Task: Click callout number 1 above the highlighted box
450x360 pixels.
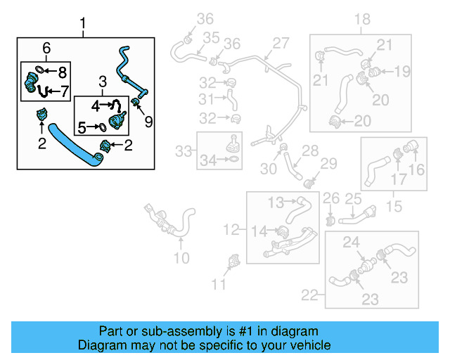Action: pyautogui.click(x=83, y=27)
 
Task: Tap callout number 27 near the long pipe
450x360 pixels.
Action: pyautogui.click(x=281, y=44)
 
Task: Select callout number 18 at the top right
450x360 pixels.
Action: pyautogui.click(x=361, y=19)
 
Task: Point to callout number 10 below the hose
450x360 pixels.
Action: pyautogui.click(x=181, y=258)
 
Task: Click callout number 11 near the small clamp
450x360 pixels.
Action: pyautogui.click(x=219, y=284)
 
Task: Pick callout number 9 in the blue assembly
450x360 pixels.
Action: pyautogui.click(x=148, y=122)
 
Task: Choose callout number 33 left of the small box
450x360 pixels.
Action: pyautogui.click(x=183, y=150)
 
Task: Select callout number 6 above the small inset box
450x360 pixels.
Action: pyautogui.click(x=46, y=48)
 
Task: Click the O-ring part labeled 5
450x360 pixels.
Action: pyautogui.click(x=103, y=127)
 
